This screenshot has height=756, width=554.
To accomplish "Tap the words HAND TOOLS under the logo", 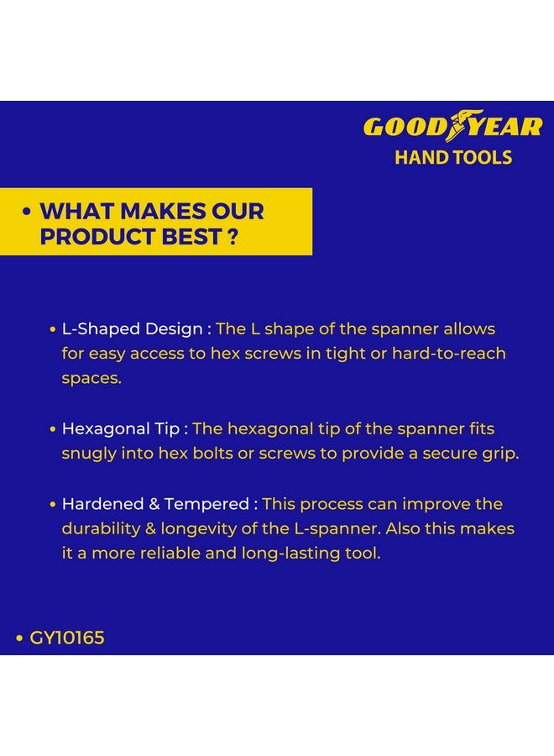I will (x=453, y=157).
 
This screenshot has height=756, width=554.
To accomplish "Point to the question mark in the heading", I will (x=231, y=237).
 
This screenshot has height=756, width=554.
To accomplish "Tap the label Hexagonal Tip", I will (x=120, y=428).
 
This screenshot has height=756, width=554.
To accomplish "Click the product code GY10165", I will (x=67, y=638).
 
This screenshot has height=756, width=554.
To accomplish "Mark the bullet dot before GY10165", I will (x=19, y=638).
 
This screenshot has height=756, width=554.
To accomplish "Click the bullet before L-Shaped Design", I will (x=53, y=329).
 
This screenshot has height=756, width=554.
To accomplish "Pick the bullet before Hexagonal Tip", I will (x=53, y=429).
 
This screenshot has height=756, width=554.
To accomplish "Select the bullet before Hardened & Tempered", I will (x=53, y=505).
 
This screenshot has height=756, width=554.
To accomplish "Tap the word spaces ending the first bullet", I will (x=90, y=378).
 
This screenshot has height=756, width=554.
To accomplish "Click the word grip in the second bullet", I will (x=499, y=454).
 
